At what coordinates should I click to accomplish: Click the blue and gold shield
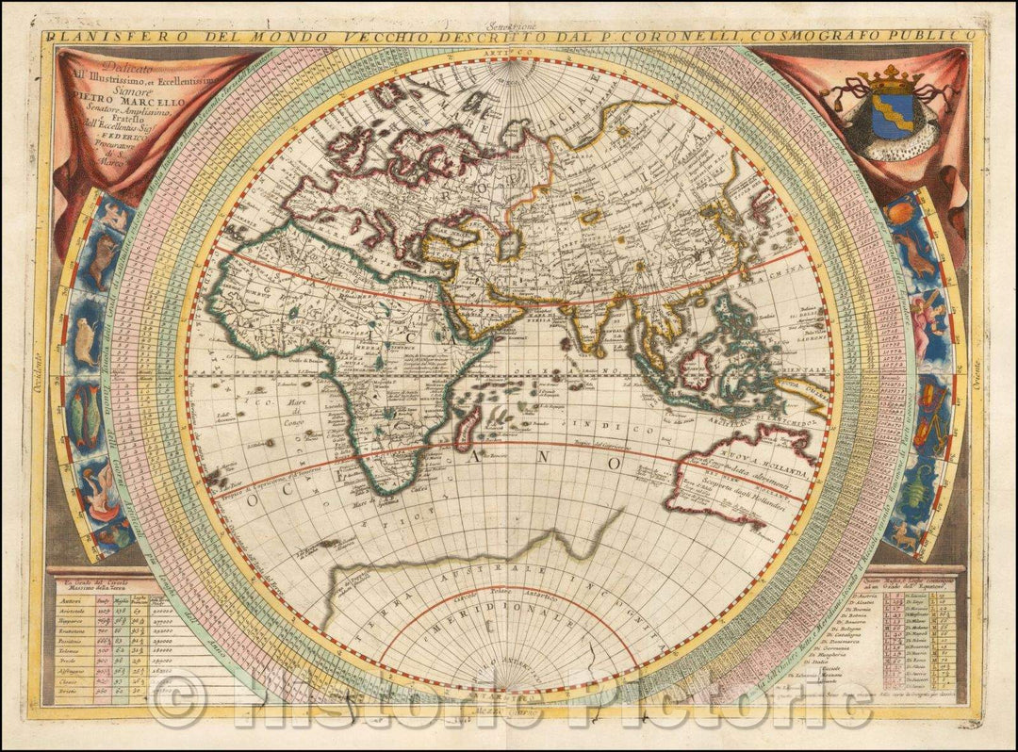coord(891,116)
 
